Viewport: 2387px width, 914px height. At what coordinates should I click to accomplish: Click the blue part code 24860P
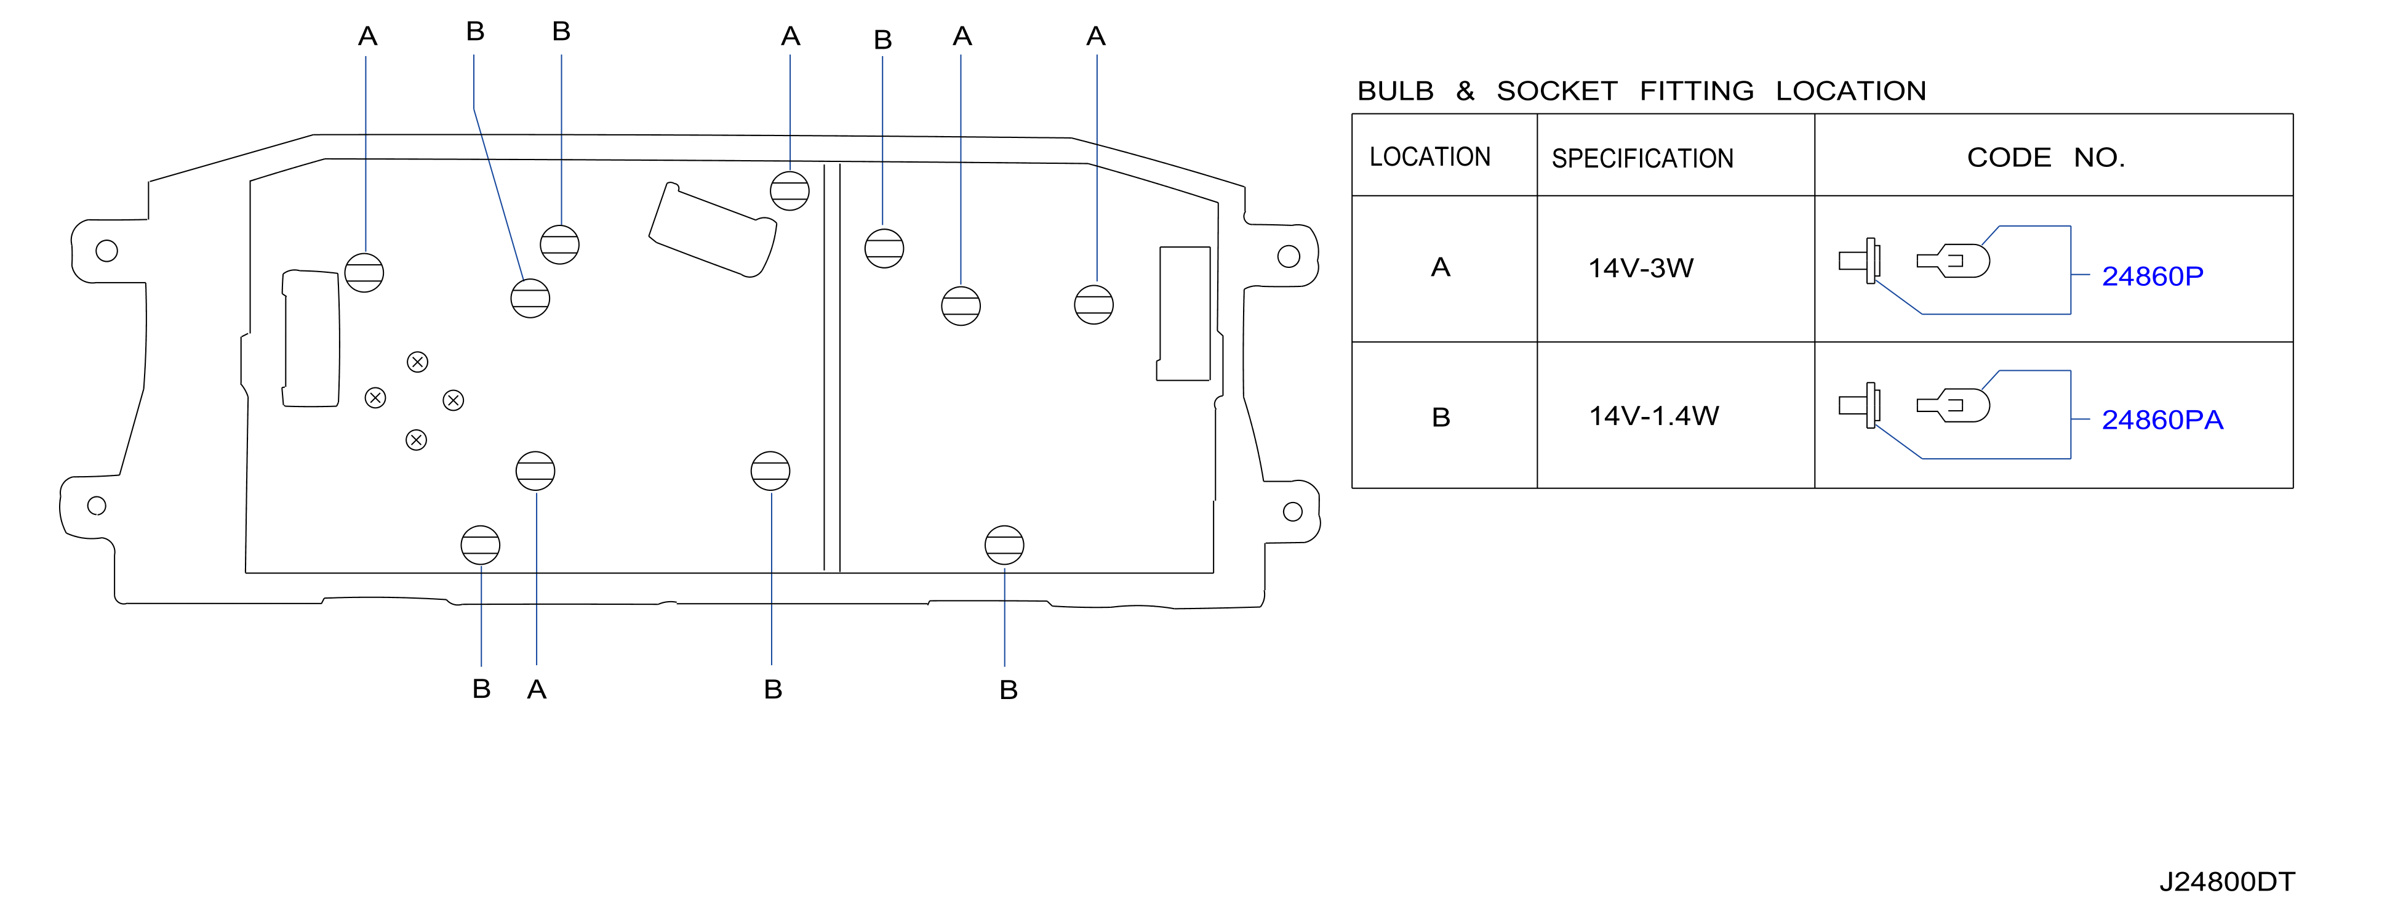2152,277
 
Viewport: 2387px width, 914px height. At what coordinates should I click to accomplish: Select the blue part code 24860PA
2162,420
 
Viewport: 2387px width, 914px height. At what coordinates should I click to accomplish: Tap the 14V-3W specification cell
1640,268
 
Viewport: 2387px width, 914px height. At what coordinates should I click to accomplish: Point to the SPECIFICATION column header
1642,158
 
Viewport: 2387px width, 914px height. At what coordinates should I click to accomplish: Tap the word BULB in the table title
1396,91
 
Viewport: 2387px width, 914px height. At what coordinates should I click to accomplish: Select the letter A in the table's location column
1440,267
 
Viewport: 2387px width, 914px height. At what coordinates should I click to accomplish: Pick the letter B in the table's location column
1441,417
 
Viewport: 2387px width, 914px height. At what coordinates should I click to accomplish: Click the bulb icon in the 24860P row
1953,261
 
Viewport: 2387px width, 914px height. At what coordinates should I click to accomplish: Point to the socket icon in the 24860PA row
1860,405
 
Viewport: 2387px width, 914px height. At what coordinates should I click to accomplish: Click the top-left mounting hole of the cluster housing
106,250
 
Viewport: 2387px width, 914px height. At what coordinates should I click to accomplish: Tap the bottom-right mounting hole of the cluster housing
1293,512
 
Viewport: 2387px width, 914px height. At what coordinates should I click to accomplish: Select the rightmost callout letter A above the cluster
1096,36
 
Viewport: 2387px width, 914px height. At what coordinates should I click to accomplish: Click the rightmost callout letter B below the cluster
1008,690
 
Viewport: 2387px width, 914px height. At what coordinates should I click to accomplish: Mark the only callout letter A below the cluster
537,690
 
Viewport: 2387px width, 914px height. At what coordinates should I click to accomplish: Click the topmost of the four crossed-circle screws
418,362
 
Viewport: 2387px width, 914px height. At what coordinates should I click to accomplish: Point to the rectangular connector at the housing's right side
1184,313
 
